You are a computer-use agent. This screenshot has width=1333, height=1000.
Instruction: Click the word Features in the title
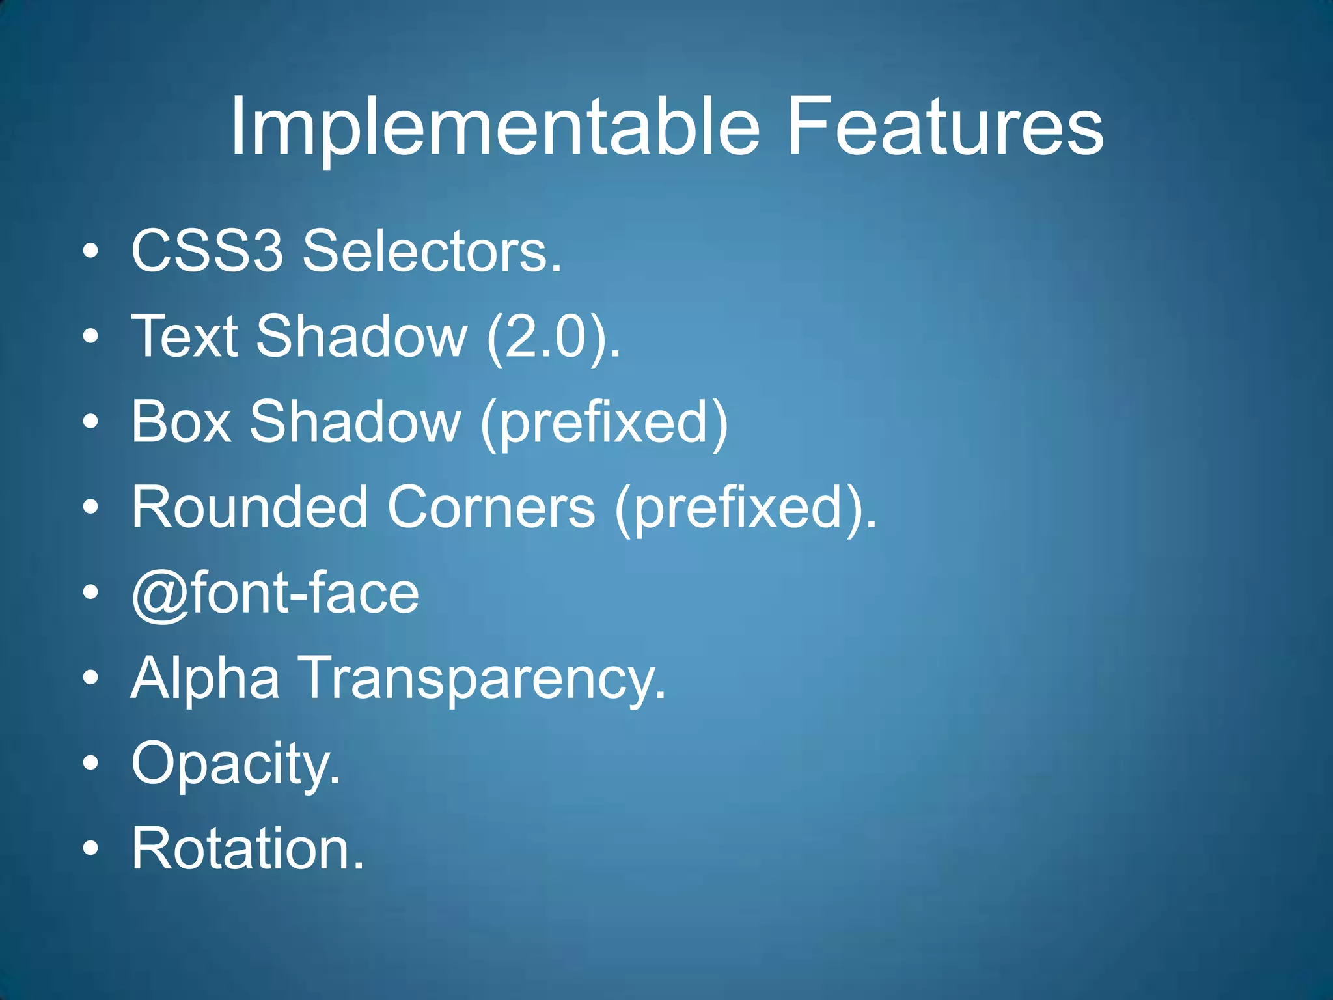[x=945, y=127]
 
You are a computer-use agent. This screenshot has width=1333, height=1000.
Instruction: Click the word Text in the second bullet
[x=185, y=337]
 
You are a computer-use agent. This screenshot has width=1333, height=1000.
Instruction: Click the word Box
[x=181, y=422]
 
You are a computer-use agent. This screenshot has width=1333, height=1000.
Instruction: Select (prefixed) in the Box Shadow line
[x=604, y=423]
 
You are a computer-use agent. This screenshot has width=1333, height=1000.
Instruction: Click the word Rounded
[x=249, y=507]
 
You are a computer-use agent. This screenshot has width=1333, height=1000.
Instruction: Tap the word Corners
[x=491, y=507]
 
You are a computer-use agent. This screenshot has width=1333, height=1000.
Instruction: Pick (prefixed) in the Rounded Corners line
[x=745, y=509]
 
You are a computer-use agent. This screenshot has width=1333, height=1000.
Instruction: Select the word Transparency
[x=482, y=680]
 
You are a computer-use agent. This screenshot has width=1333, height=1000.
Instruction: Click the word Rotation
[x=247, y=848]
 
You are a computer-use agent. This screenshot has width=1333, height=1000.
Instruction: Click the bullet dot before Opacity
[x=91, y=762]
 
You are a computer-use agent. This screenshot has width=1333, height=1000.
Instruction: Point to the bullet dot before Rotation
[x=91, y=848]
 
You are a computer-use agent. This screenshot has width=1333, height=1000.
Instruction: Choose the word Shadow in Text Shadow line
[x=361, y=337]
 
